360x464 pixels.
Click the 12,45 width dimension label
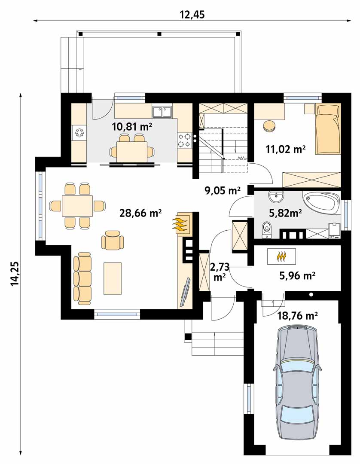[192, 15]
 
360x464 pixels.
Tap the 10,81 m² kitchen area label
[132, 127]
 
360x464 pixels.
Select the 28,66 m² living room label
[140, 213]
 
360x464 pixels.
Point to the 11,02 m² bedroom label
[285, 149]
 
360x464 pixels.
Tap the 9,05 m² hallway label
[223, 191]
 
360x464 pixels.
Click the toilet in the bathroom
[267, 229]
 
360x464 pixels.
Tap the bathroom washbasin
[277, 197]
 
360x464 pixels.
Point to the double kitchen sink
[162, 112]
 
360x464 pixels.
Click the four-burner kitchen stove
[184, 140]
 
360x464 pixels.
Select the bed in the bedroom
[328, 129]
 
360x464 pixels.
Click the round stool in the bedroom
[269, 126]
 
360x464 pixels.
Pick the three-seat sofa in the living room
[82, 278]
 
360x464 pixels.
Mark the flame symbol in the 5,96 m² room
[281, 256]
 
